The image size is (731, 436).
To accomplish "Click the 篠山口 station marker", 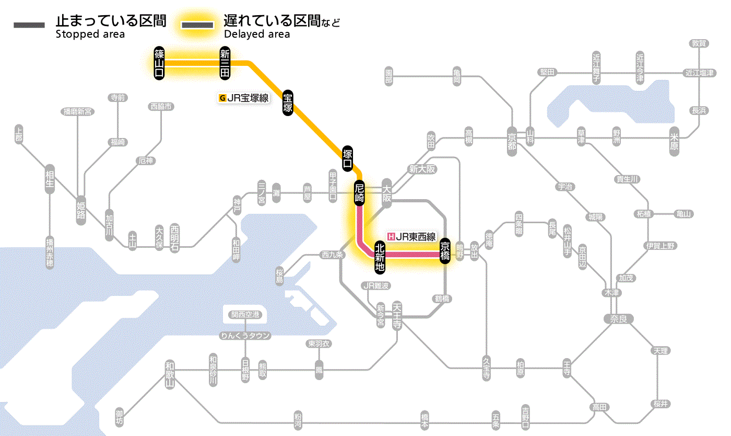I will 159,63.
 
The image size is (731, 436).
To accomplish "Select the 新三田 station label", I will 225,63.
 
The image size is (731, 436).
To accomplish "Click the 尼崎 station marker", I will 359,192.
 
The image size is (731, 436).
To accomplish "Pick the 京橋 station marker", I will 445,251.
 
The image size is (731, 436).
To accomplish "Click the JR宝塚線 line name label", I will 247,98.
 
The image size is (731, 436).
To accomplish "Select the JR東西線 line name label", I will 415,236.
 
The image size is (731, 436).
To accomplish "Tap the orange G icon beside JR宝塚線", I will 222,98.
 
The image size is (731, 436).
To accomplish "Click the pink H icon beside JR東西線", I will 391,236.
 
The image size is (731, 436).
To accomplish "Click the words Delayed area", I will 257,35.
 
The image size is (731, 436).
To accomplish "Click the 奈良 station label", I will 618,318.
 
